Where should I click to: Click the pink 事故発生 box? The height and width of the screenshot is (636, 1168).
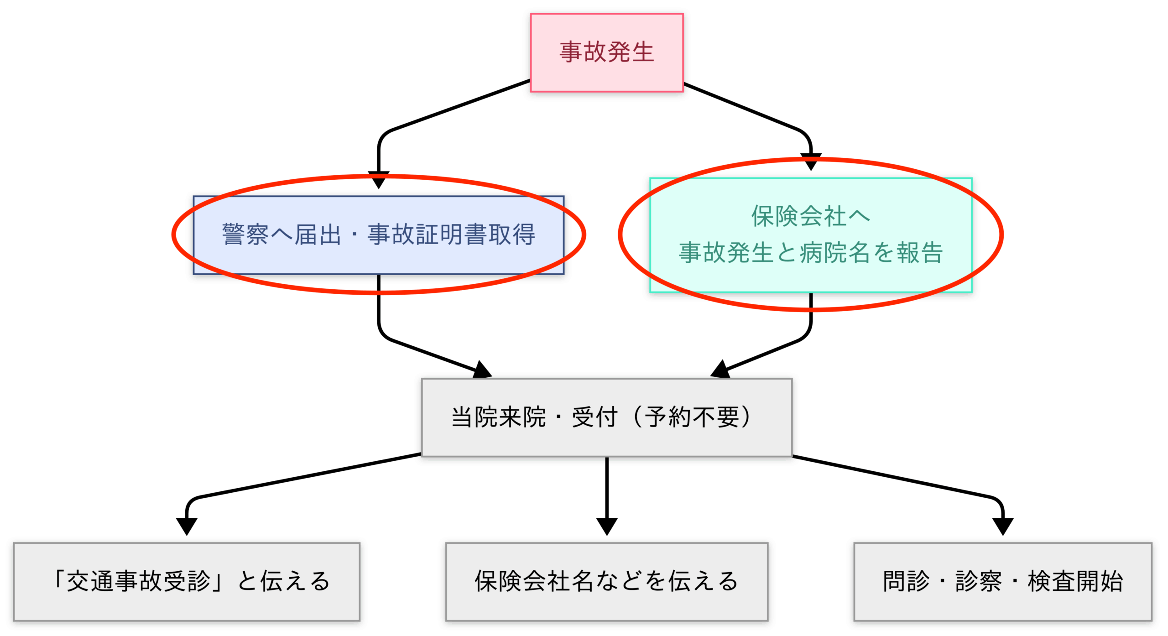tap(606, 52)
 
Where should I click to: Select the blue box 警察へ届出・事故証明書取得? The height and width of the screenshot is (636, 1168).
tap(378, 235)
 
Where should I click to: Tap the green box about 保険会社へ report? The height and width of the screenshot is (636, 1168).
tap(811, 235)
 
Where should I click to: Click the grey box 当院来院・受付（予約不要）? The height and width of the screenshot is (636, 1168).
tap(606, 417)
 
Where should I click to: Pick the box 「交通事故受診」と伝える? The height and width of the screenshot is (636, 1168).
tap(187, 582)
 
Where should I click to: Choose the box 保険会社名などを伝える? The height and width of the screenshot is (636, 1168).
tap(606, 582)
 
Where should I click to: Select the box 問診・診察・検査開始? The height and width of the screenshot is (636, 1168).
tap(1003, 582)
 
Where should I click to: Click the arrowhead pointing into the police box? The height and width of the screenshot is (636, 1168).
tap(378, 180)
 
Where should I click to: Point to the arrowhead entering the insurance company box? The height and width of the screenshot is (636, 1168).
tap(811, 162)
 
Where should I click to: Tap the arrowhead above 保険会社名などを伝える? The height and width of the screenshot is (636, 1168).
tap(606, 527)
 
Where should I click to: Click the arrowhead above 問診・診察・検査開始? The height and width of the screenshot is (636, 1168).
tap(1003, 527)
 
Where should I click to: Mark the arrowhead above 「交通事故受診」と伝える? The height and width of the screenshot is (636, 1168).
tap(187, 527)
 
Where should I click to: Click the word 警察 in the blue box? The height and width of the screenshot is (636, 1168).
tap(245, 235)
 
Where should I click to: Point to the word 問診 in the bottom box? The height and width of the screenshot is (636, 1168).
tap(906, 581)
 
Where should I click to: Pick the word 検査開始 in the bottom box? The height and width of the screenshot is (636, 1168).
tap(1075, 581)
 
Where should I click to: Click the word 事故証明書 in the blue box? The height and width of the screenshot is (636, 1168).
tap(427, 235)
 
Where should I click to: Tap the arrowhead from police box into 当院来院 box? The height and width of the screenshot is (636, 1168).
tap(483, 370)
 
